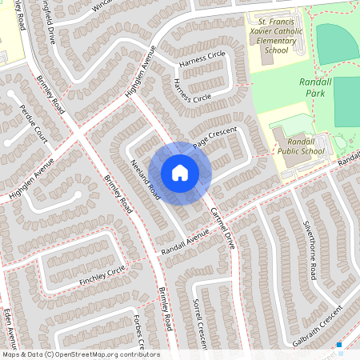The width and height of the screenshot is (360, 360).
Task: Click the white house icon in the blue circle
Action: click(x=180, y=173)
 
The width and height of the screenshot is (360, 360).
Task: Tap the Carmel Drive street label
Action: click(x=222, y=227)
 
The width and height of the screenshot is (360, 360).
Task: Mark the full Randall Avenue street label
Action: click(x=184, y=242)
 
